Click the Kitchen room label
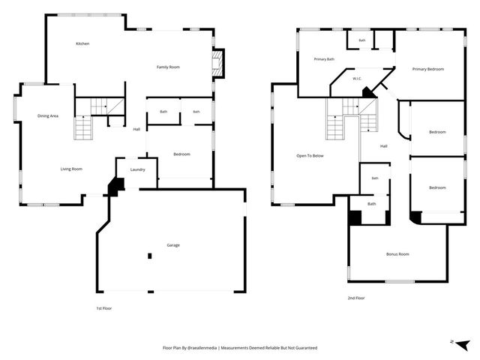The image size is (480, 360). point(82,43)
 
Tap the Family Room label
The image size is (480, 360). point(168,67)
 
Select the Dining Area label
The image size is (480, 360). point(48,115)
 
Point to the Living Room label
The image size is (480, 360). point(71,169)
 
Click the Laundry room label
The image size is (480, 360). point(137,169)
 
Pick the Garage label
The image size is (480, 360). point(173,245)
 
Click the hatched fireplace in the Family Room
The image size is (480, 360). point(217,63)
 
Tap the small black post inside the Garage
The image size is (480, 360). point(150,256)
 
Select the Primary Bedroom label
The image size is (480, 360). point(428,69)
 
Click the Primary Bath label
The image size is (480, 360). point(324,59)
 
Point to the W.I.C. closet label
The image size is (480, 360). point(357,79)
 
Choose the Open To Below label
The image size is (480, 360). point(310,156)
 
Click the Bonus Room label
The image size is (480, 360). point(397,254)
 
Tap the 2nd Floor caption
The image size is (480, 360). point(356,298)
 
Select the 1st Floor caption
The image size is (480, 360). point(104,308)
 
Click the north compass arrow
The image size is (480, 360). point(463,344)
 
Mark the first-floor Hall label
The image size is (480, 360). point(136,130)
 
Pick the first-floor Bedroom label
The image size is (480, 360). point(181,154)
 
